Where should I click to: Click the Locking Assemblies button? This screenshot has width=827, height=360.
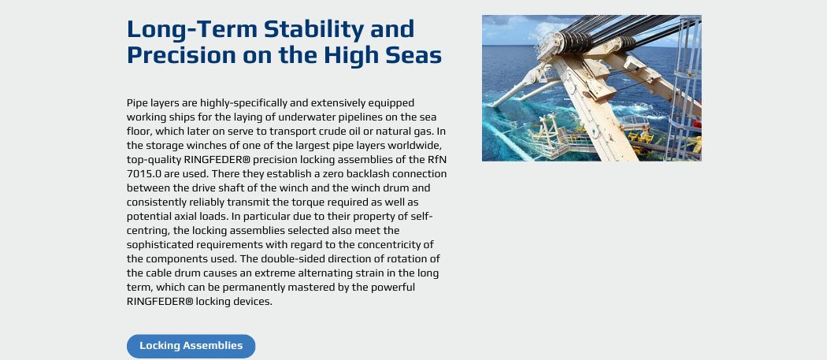point(191,346)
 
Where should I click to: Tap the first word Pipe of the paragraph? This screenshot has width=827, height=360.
point(136,102)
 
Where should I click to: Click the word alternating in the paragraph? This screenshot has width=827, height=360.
point(330,273)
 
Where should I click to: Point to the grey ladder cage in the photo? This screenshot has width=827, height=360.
point(683,87)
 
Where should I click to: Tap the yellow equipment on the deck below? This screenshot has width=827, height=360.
point(640,137)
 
